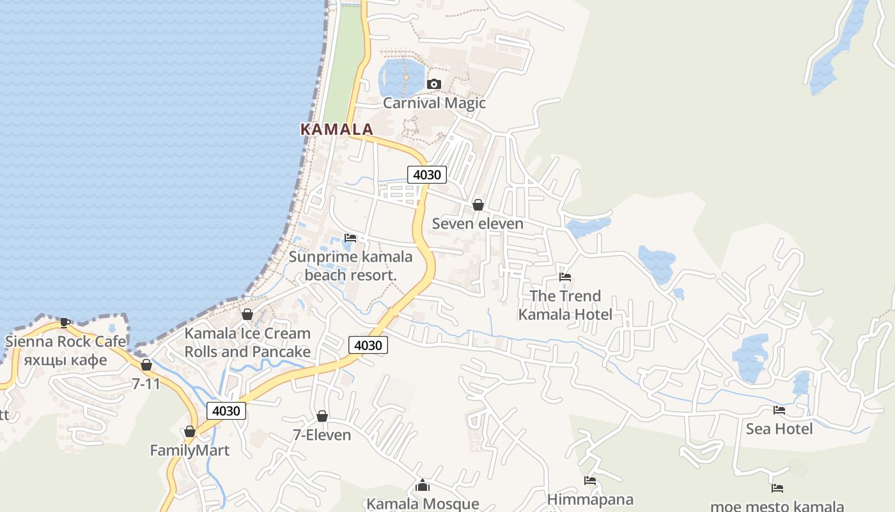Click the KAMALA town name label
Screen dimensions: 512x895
(336, 129)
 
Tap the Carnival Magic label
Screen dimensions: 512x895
(434, 103)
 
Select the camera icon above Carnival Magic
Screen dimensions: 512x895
(434, 84)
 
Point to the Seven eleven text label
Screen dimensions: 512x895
(478, 223)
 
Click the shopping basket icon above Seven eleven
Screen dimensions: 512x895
(478, 205)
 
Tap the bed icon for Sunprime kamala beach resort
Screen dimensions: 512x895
(350, 238)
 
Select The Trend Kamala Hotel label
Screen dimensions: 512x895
(565, 305)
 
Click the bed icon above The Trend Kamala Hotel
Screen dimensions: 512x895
(565, 277)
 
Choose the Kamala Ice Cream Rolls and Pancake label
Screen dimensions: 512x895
(247, 342)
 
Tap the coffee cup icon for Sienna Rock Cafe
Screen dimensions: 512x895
(65, 322)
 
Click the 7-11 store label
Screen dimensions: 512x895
(146, 384)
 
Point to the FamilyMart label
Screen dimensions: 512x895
(189, 451)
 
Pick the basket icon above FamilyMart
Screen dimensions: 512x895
(189, 432)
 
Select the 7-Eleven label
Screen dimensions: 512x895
(322, 435)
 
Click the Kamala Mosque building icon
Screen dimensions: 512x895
(422, 486)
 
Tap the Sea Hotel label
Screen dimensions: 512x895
(779, 429)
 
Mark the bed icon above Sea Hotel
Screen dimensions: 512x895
(779, 410)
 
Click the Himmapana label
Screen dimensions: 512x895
(590, 499)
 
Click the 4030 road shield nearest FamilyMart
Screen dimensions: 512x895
(226, 411)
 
